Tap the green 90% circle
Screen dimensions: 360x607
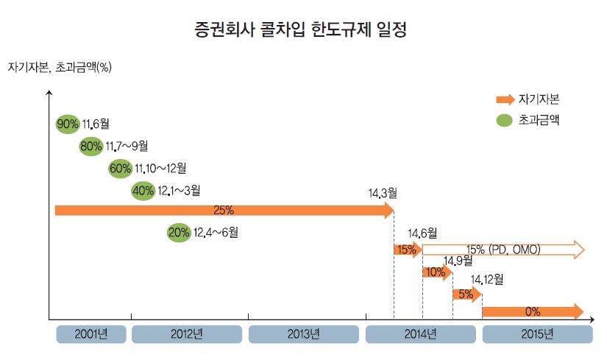[x=68, y=124]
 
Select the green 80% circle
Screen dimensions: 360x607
[x=90, y=147]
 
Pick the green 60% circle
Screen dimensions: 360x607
[x=120, y=169]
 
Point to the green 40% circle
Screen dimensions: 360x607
[x=143, y=191]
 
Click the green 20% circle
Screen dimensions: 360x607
[x=179, y=233]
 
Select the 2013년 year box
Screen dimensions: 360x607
[x=304, y=334]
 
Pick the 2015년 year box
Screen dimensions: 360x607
[x=536, y=334]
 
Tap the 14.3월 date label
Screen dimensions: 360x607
[x=383, y=194]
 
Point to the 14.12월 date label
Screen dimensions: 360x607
[x=486, y=279]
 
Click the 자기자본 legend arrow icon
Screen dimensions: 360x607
[x=505, y=99]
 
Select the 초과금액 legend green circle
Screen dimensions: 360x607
[x=504, y=119]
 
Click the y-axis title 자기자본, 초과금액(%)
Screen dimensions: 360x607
[x=60, y=68]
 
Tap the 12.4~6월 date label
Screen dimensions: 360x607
[x=216, y=233]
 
